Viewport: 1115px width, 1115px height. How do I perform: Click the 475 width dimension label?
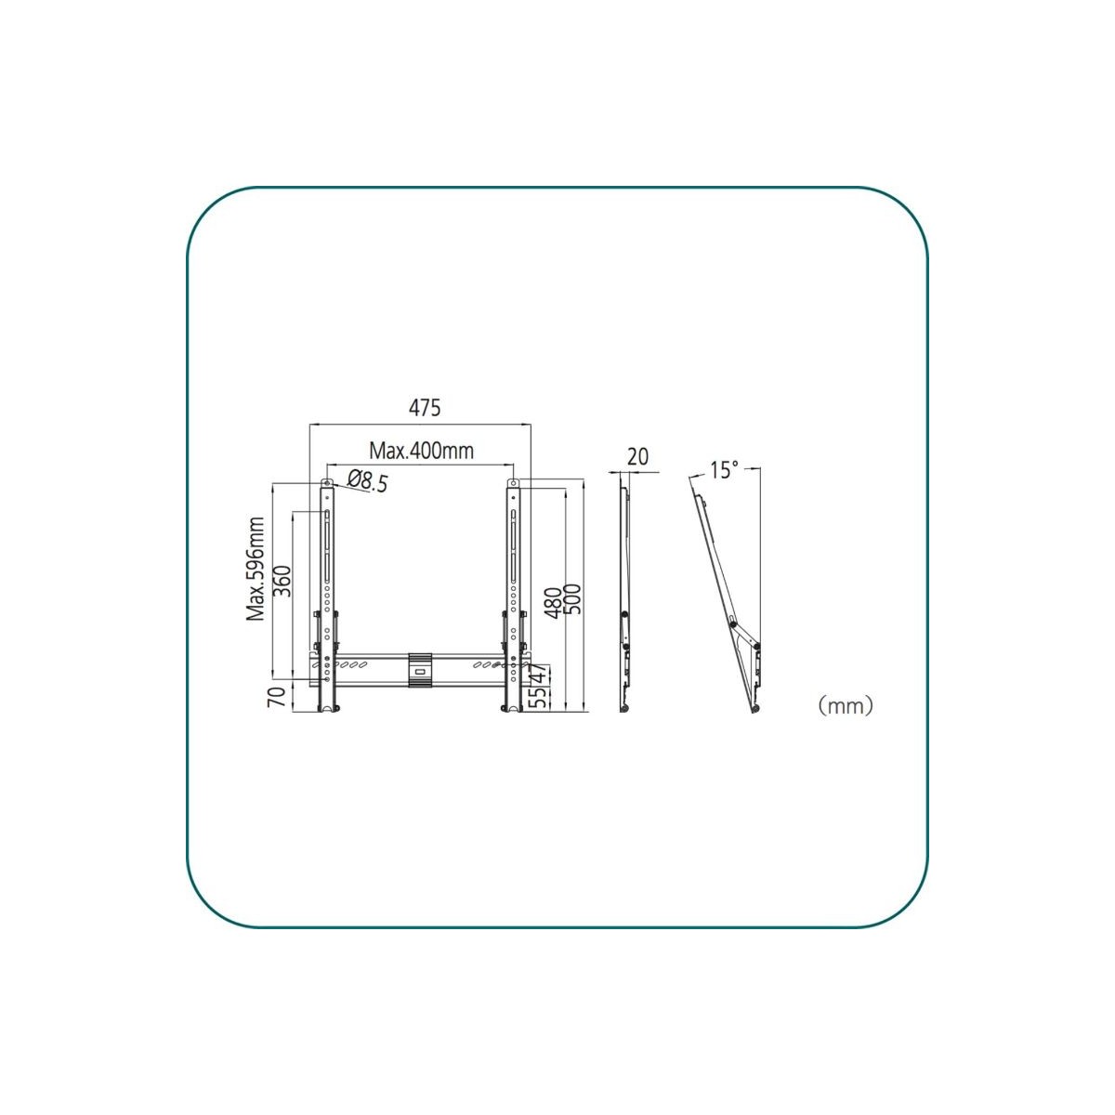(424, 408)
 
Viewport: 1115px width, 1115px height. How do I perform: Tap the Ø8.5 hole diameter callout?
(368, 481)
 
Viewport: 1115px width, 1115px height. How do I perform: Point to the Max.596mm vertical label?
(256, 570)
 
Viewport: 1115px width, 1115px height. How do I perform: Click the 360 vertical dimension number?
(282, 581)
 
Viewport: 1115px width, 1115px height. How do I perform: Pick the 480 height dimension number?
(554, 602)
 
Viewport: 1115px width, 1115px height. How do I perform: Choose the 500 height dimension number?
(572, 600)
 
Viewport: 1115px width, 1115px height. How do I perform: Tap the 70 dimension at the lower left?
(277, 697)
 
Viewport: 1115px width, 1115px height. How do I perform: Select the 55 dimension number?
(538, 697)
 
